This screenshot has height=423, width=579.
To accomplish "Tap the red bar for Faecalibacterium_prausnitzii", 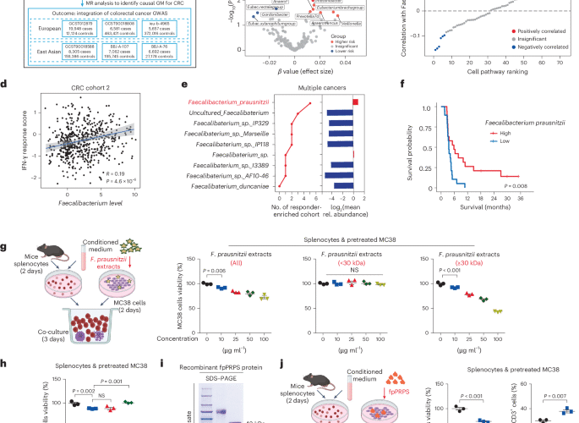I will point(357,102).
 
